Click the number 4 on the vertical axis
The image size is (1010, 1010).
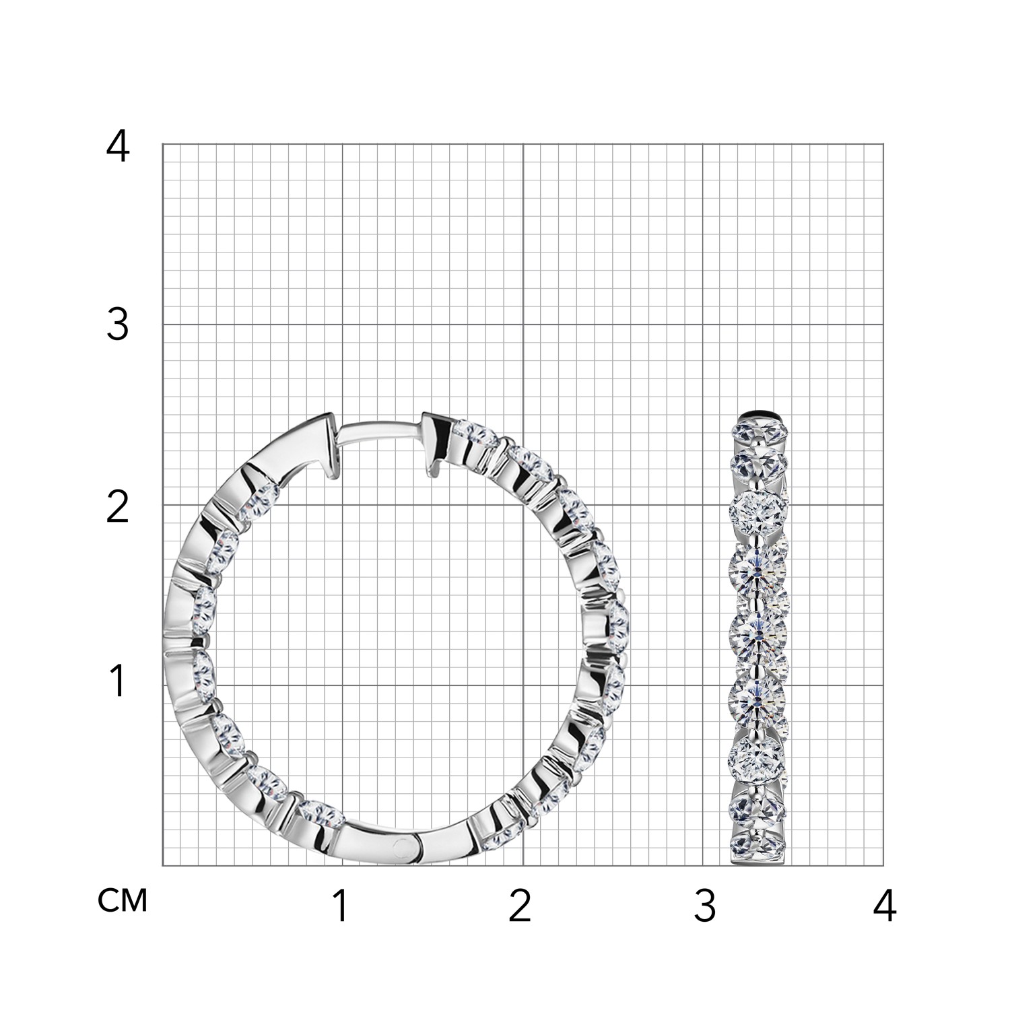118,147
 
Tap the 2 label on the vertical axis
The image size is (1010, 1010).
118,508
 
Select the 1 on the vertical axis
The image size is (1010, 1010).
118,681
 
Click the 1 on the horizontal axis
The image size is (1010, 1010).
341,906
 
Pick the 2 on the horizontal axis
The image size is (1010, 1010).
520,906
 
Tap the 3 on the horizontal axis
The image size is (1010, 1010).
704,906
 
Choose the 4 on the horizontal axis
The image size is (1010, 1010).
885,906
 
